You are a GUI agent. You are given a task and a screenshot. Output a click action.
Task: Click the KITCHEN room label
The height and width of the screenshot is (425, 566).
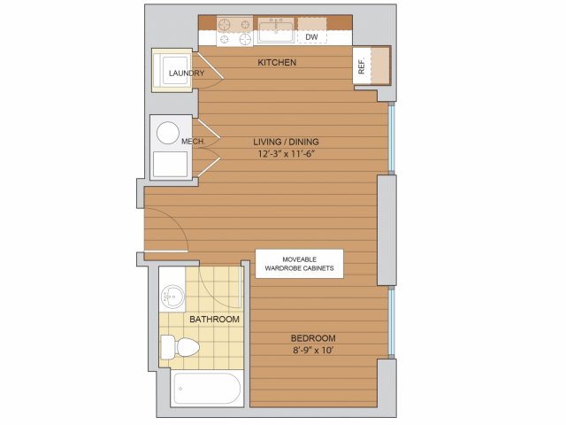[277, 62]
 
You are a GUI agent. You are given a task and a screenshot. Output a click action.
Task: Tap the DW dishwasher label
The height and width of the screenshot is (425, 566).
[311, 37]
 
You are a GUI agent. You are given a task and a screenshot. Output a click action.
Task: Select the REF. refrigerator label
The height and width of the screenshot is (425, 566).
[362, 66]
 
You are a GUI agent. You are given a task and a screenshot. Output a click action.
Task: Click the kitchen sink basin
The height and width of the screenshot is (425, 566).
[276, 32]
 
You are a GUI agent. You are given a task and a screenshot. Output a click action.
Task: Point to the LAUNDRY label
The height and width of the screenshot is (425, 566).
[187, 73]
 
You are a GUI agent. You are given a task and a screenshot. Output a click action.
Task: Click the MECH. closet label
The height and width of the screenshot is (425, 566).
[194, 142]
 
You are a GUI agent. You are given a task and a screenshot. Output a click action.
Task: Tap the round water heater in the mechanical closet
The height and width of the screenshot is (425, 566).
[168, 133]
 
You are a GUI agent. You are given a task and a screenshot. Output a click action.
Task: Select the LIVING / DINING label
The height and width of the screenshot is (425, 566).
[286, 142]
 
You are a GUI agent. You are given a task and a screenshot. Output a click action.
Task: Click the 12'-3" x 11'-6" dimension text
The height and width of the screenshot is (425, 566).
[287, 154]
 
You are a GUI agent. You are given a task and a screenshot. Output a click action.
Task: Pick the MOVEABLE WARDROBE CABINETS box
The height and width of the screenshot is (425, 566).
[299, 264]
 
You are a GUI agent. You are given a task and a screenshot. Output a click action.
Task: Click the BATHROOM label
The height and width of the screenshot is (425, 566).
[214, 319]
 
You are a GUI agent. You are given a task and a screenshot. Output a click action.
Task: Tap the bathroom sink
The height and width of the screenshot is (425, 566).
[172, 297]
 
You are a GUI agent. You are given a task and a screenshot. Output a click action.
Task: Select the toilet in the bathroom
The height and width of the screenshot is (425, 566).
[180, 347]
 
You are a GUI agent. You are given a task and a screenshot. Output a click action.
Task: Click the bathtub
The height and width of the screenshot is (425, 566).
[207, 389]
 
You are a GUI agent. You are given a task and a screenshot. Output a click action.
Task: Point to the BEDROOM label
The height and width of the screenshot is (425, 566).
[313, 338]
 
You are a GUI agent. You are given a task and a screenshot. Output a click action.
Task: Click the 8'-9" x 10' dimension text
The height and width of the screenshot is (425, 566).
[313, 351]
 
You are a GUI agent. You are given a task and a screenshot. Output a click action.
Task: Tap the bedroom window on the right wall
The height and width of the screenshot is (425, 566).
[392, 322]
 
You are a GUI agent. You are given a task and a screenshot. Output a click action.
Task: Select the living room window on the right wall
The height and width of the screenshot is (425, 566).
[392, 138]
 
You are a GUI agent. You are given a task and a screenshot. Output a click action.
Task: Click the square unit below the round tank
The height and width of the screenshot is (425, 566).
[171, 165]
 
